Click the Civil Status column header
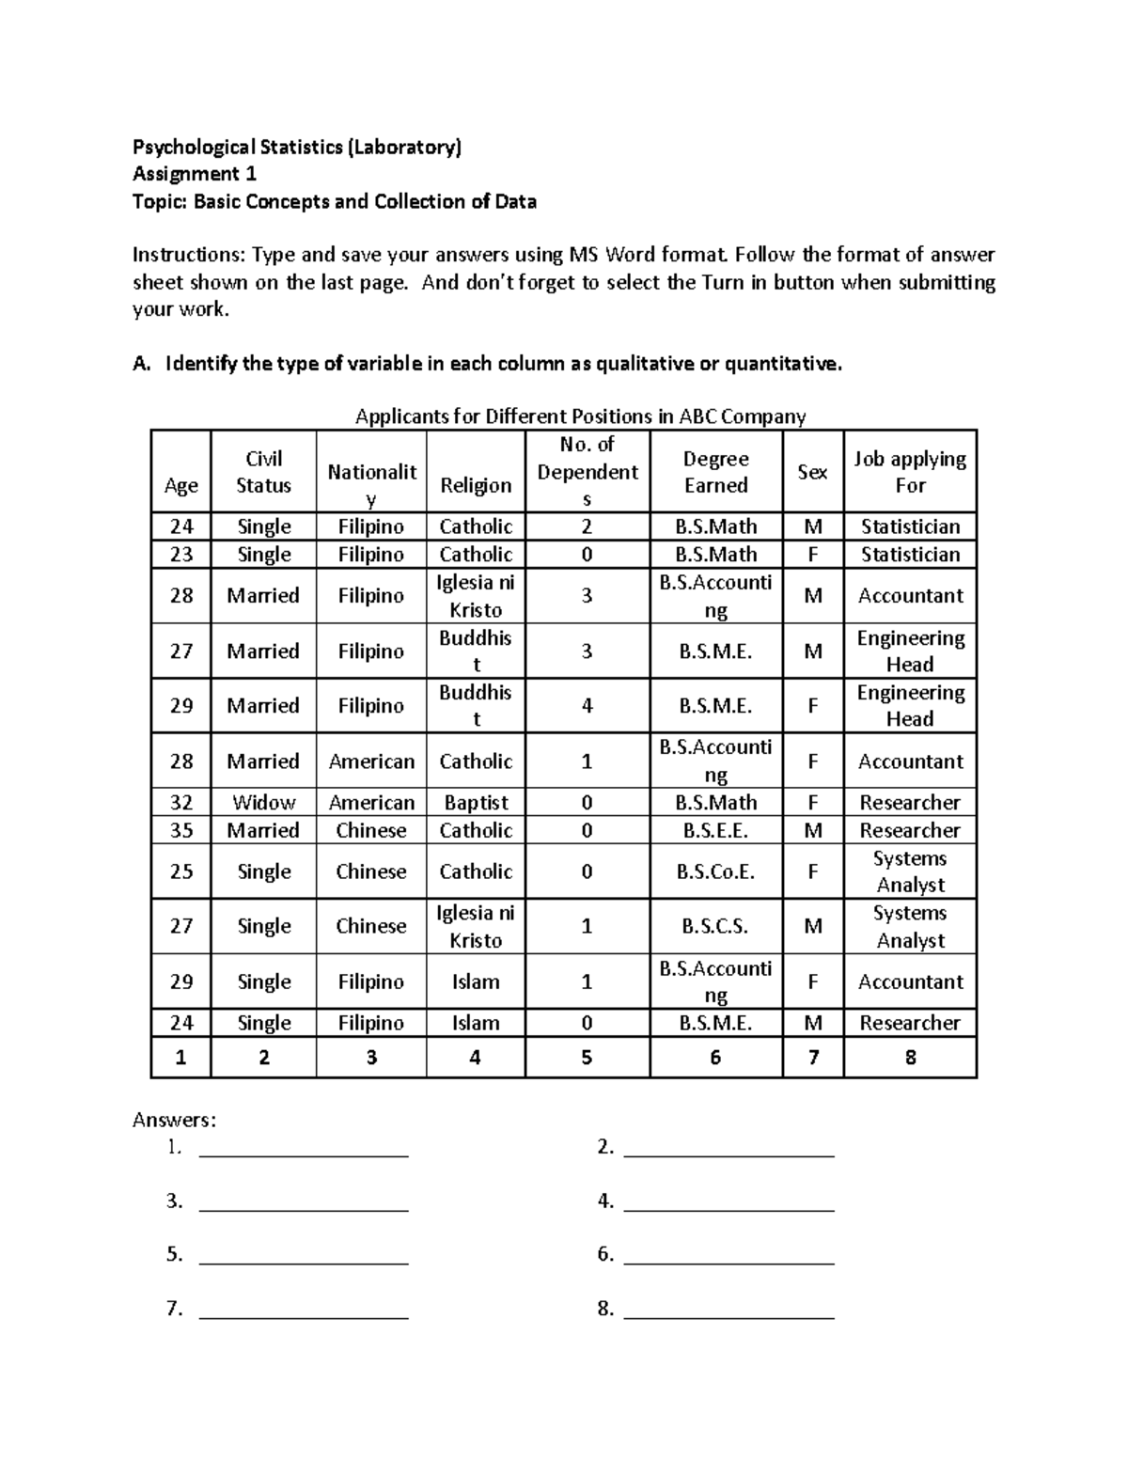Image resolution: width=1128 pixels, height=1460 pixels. pyautogui.click(x=263, y=472)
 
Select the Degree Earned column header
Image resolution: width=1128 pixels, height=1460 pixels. pyautogui.click(x=715, y=472)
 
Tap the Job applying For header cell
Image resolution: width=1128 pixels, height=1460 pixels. pyautogui.click(x=910, y=472)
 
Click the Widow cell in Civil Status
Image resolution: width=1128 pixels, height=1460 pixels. pyautogui.click(x=263, y=803)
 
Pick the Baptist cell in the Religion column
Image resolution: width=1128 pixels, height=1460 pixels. pyautogui.click(x=476, y=803)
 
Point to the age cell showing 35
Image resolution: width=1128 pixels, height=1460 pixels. pyautogui.click(x=181, y=830)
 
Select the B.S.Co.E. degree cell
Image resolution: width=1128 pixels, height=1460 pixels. pyautogui.click(x=715, y=871)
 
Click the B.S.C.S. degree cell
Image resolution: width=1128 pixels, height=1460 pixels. pyautogui.click(x=715, y=926)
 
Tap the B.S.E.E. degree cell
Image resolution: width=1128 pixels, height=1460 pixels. pyautogui.click(x=715, y=830)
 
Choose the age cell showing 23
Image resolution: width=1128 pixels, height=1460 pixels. pyautogui.click(x=181, y=555)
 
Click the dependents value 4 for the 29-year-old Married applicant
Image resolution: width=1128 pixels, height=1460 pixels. pyautogui.click(x=587, y=706)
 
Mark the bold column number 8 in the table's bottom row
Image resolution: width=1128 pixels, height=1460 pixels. pyautogui.click(x=910, y=1058)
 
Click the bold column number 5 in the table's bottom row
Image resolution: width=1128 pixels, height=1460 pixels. pyautogui.click(x=587, y=1058)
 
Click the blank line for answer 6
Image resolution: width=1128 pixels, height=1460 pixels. pyautogui.click(x=728, y=1256)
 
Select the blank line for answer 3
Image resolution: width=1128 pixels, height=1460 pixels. pyautogui.click(x=304, y=1202)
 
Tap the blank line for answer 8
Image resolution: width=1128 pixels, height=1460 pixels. pyautogui.click(x=728, y=1311)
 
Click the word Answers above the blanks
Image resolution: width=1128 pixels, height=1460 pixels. pyautogui.click(x=174, y=1120)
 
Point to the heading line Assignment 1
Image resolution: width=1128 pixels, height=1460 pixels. pyautogui.click(x=195, y=174)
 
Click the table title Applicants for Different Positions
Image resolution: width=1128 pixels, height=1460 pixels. pyautogui.click(x=579, y=416)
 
